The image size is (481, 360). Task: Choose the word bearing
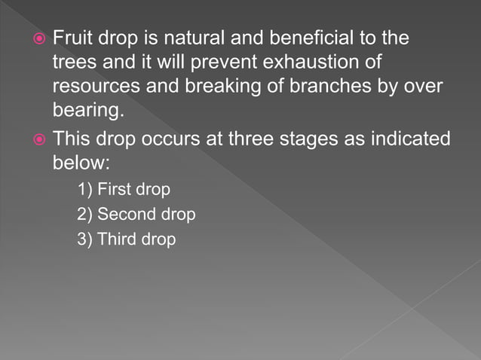tap(87, 111)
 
